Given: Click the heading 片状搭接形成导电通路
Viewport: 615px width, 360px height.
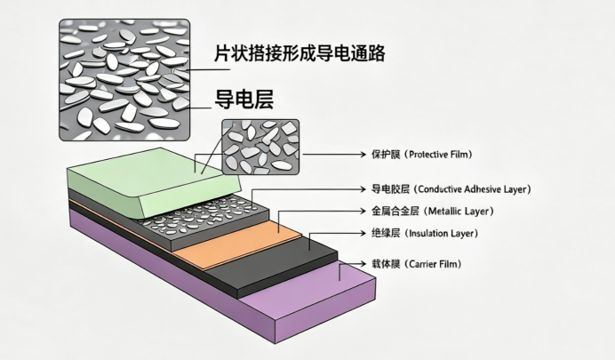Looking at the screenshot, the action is [300, 53].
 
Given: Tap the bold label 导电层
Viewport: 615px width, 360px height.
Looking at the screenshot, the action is [244, 100].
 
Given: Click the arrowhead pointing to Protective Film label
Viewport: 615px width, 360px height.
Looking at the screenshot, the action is [363, 154].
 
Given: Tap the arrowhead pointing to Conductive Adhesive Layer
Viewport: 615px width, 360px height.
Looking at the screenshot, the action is [363, 189].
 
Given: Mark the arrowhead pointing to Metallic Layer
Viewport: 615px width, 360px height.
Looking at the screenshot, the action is [363, 212].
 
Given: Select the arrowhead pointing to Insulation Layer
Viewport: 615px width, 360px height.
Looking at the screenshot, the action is [363, 233].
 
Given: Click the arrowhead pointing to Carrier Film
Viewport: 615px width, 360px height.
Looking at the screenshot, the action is [363, 264].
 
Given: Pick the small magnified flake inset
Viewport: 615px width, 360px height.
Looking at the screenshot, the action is [260, 147].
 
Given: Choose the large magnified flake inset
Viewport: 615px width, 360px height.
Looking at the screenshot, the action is [124, 80].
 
